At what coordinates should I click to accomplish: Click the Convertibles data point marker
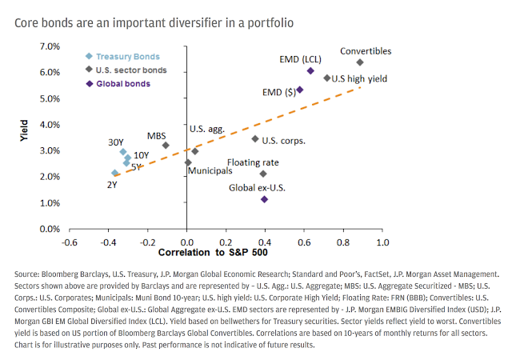(360, 62)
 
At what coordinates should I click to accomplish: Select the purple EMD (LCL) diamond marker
(310, 70)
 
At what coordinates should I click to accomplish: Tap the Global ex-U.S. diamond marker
(265, 199)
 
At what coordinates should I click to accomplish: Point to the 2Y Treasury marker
(115, 173)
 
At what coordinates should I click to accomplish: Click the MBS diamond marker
(166, 145)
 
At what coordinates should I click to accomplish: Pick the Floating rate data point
(264, 174)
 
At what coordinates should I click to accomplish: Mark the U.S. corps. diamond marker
(255, 139)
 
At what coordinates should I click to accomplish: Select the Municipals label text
(211, 170)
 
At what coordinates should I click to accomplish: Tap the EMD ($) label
(277, 93)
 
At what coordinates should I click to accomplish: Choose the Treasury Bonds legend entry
(128, 56)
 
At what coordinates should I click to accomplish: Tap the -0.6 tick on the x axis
(70, 242)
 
